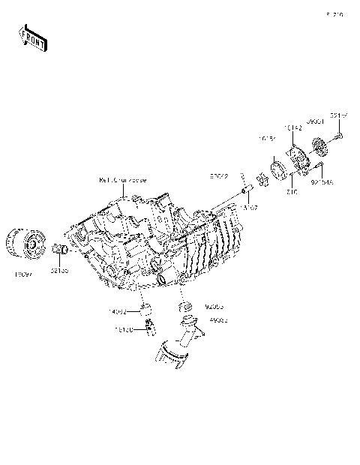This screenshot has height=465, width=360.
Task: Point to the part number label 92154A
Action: pos(321,181)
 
